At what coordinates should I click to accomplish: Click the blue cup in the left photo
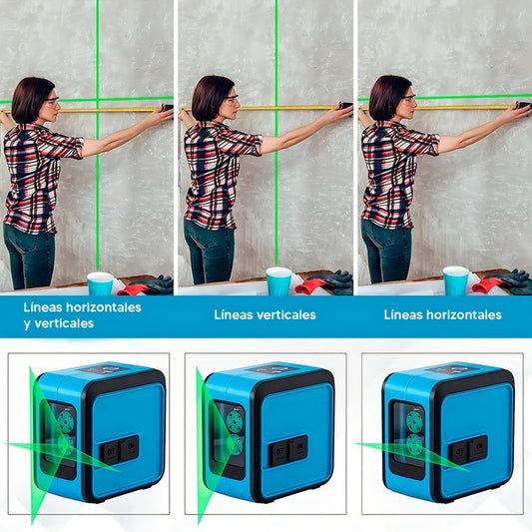click(101, 283)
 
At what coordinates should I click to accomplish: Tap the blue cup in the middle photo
click(278, 280)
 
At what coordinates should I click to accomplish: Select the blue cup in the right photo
click(456, 280)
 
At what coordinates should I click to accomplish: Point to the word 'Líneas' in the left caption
click(43, 307)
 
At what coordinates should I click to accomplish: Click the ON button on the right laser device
click(479, 447)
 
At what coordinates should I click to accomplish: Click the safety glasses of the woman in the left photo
click(52, 101)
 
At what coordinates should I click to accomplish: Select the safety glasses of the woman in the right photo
click(409, 99)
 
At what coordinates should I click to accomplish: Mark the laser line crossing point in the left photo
click(98, 100)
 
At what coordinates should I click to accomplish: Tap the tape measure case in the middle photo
click(346, 106)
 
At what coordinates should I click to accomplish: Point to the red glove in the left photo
click(133, 289)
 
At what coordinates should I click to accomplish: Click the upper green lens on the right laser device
click(414, 421)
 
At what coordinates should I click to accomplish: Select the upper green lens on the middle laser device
click(235, 422)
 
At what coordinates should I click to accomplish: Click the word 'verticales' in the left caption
click(64, 323)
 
